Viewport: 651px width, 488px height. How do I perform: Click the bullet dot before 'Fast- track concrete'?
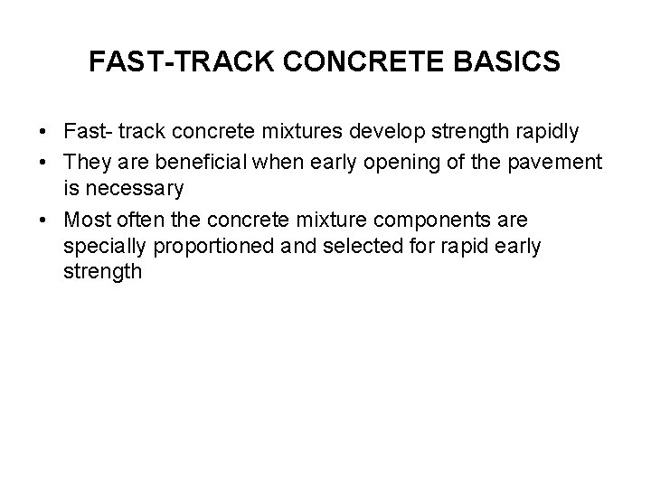[44, 133]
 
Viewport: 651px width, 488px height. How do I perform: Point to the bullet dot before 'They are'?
[44, 162]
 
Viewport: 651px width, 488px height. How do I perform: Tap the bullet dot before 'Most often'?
[44, 220]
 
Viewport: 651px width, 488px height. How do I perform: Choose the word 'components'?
[448, 220]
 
